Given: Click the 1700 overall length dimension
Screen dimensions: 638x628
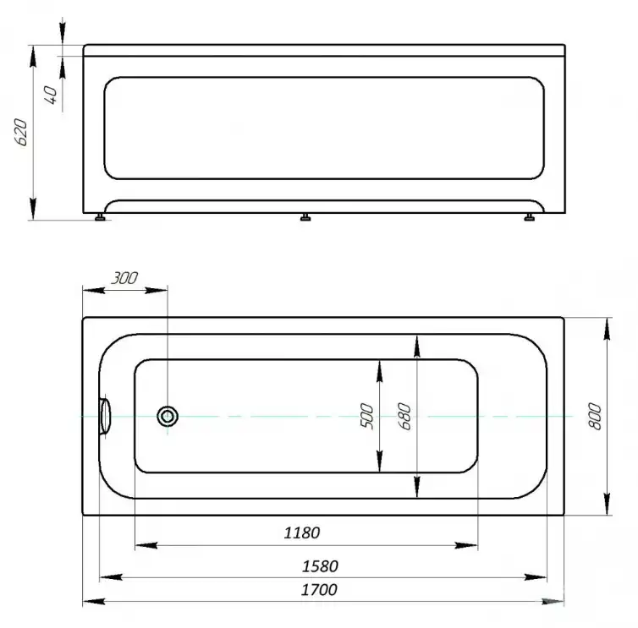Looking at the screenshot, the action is click(x=319, y=590).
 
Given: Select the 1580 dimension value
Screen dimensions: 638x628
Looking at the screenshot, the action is click(x=320, y=566).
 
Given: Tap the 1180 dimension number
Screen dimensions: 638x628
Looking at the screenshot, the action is click(x=302, y=532).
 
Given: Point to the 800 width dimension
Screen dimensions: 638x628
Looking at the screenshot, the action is click(x=595, y=416).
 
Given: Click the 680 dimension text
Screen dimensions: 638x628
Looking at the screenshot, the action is click(x=404, y=416).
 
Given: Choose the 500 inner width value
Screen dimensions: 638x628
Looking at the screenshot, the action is click(x=366, y=416).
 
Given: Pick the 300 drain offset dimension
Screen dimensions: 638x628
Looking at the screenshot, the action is click(x=124, y=278).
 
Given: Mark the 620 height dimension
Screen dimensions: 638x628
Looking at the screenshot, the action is click(x=21, y=133).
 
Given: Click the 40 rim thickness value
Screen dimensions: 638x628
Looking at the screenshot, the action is click(x=51, y=96).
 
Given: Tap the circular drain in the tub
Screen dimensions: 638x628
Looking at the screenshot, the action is click(x=168, y=416).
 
